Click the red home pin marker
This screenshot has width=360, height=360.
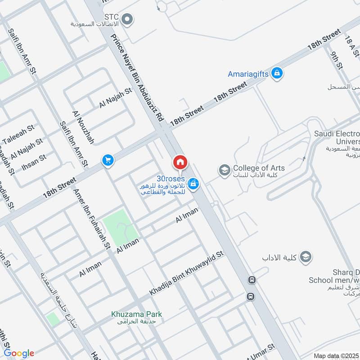click(x=180, y=162)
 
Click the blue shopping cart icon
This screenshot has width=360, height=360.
click(x=108, y=160)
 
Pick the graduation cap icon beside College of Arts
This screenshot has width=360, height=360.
click(x=224, y=170)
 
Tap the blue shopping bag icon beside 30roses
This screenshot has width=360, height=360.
click(x=193, y=183)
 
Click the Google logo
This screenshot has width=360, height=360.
click(x=19, y=353)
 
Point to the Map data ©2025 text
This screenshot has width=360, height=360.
click(x=336, y=355)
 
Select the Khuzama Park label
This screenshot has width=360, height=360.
click(x=137, y=314)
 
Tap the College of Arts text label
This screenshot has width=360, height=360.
click(x=259, y=168)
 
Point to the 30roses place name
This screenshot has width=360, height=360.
click(x=171, y=178)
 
